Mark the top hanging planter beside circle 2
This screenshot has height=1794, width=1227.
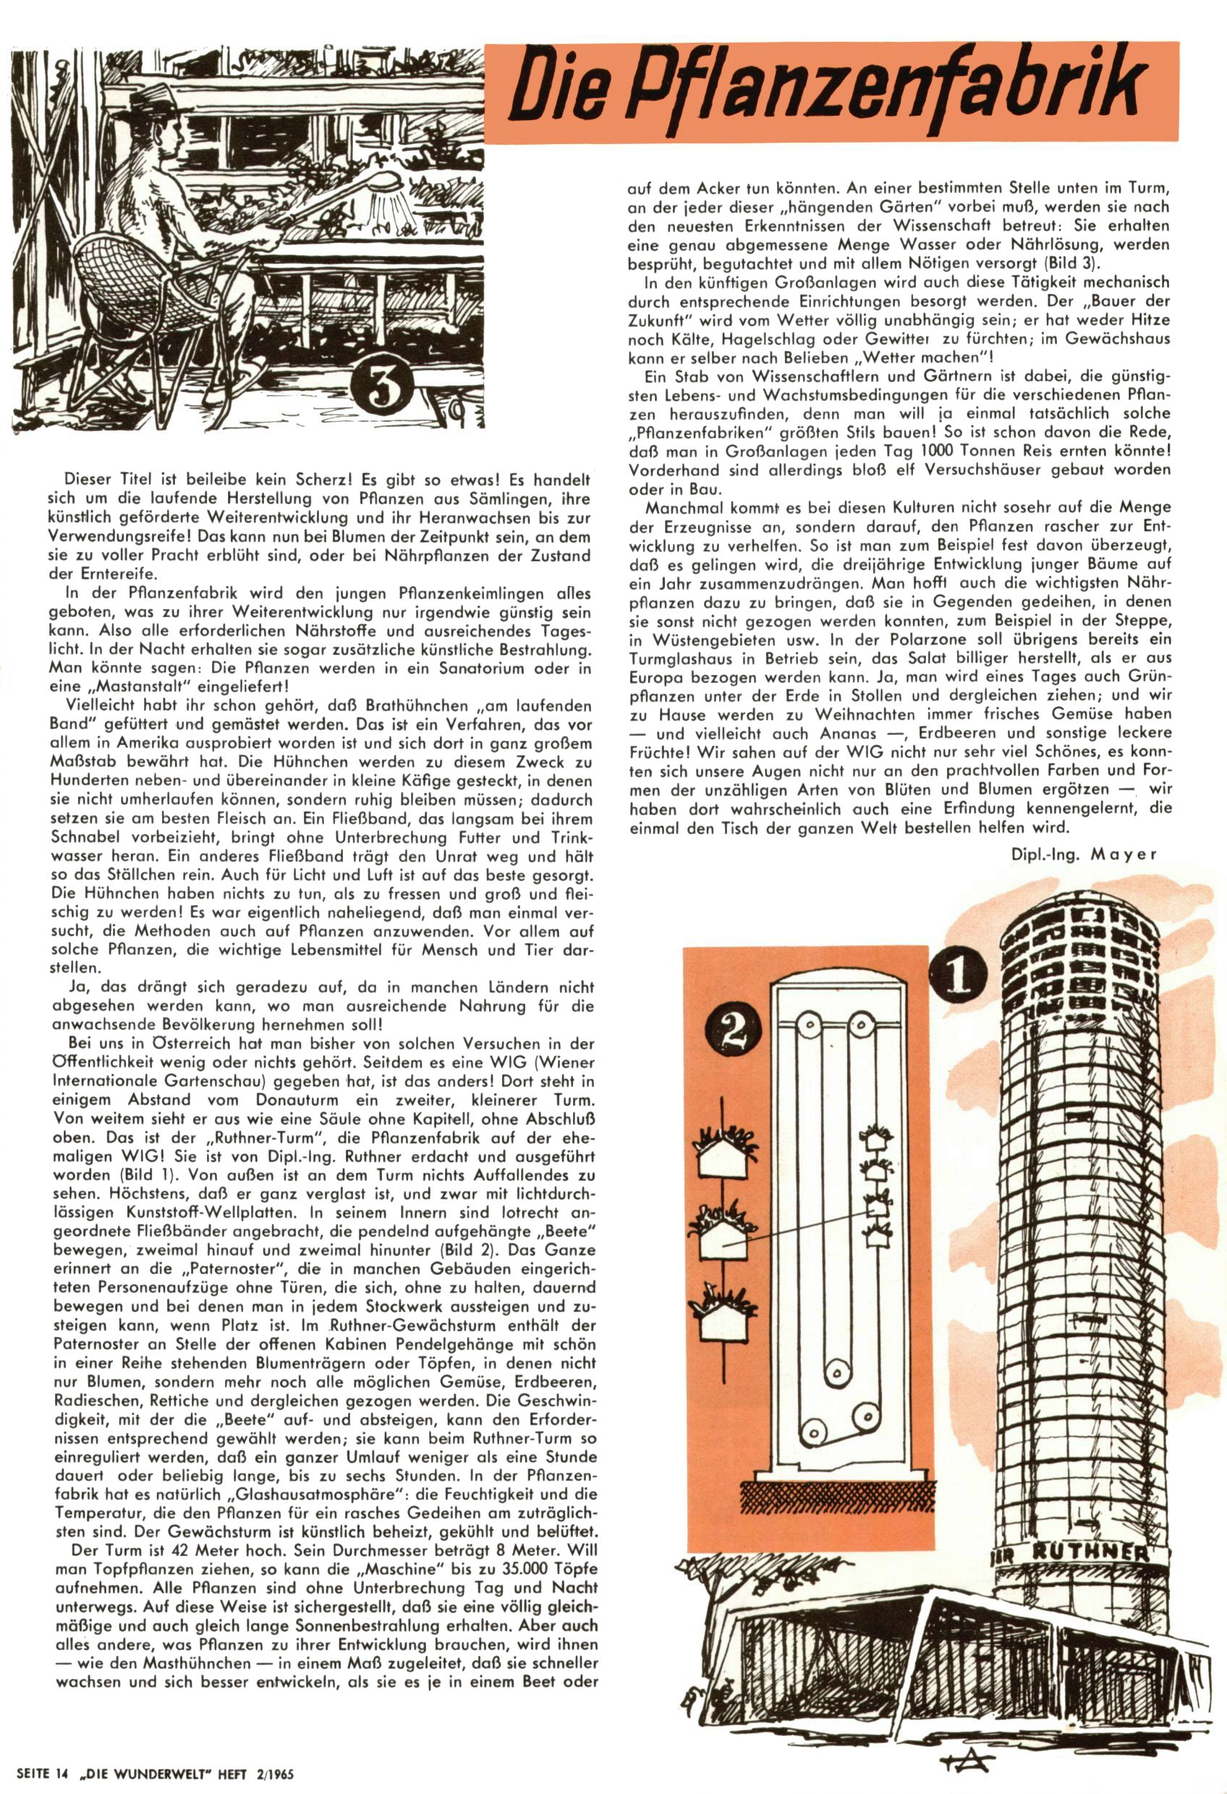tap(724, 1148)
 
